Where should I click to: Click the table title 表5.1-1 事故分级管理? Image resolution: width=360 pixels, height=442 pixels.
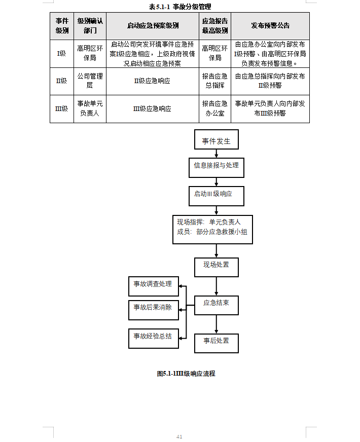coord(180,7)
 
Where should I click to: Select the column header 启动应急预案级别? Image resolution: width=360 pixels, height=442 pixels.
coord(153,26)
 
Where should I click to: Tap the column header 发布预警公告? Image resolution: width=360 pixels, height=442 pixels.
coord(270,26)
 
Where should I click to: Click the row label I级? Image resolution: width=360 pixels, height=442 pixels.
coord(61,53)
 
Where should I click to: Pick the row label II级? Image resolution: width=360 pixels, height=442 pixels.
coord(61,81)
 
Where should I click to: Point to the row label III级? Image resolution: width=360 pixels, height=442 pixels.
coord(61,108)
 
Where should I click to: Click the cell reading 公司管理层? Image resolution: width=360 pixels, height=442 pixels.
coord(90,81)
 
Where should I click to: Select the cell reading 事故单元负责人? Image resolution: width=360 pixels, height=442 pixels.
coord(90,108)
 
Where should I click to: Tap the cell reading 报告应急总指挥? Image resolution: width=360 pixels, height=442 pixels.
coord(214,81)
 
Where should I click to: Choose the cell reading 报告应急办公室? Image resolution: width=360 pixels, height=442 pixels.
coord(214,108)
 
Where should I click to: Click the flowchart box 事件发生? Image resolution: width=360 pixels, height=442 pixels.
coord(216,141)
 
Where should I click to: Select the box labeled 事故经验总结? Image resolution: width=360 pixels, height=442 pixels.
coord(153,337)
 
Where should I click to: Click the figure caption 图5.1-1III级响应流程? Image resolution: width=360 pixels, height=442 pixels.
coord(186,374)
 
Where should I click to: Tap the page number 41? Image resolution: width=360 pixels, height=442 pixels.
coord(179,436)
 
